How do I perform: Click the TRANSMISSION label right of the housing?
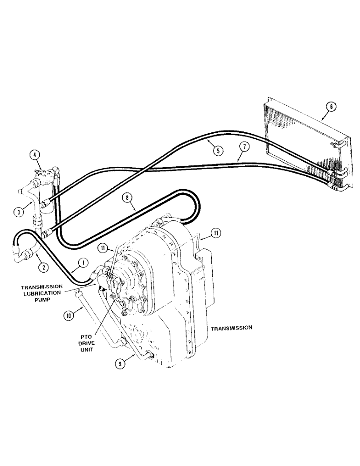click(x=231, y=328)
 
